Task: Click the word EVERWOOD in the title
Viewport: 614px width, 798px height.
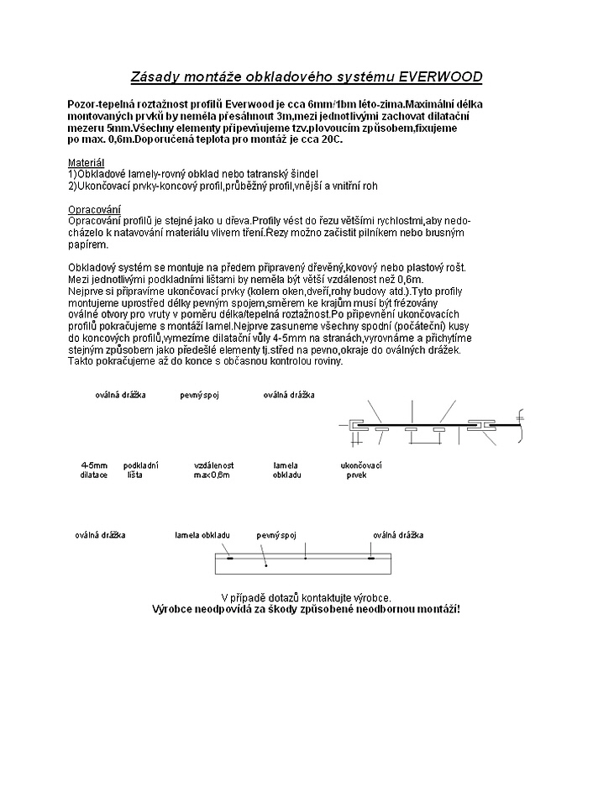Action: click(439, 77)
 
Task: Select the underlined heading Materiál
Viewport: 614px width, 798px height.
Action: click(85, 161)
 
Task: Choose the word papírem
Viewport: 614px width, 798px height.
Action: click(87, 244)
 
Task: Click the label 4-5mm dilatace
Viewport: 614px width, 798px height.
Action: click(94, 470)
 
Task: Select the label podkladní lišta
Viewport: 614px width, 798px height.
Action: click(140, 470)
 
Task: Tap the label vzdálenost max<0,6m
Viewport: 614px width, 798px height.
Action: click(213, 470)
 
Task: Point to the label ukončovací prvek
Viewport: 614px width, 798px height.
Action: click(361, 470)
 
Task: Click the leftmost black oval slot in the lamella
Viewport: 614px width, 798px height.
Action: click(230, 557)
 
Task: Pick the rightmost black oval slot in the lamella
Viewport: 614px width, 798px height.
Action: click(370, 557)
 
